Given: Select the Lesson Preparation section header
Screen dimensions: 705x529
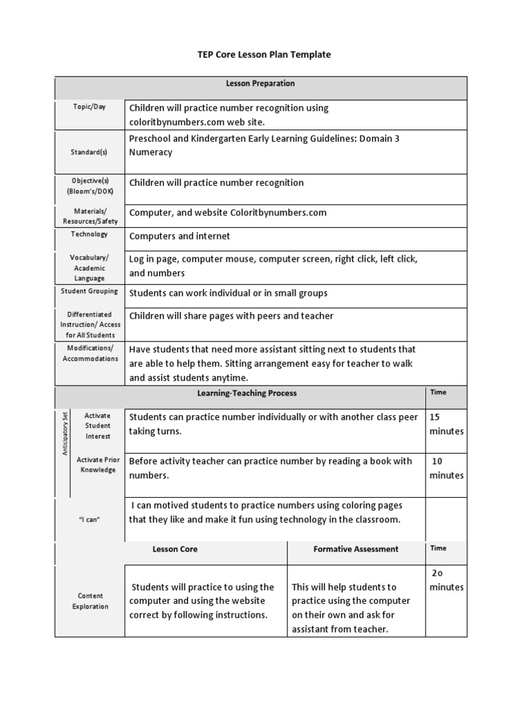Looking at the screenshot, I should pyautogui.click(x=260, y=84).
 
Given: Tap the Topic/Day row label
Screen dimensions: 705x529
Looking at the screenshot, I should pyautogui.click(x=90, y=107).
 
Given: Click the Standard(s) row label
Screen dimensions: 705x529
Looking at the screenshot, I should pyautogui.click(x=90, y=152).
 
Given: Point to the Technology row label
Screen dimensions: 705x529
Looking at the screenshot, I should pyautogui.click(x=90, y=235).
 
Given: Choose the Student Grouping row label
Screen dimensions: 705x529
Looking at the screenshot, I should pyautogui.click(x=90, y=291).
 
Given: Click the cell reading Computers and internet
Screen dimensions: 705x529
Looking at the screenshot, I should pyautogui.click(x=180, y=236).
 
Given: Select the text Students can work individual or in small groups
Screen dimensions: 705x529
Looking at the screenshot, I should pyautogui.click(x=228, y=293).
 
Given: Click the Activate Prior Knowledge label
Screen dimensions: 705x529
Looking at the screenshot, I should pyautogui.click(x=97, y=465).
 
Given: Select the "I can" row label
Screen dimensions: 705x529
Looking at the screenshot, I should pyautogui.click(x=90, y=519).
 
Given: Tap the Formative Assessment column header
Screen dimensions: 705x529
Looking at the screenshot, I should pyautogui.click(x=355, y=549).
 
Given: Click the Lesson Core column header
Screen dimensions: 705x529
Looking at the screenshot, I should pyautogui.click(x=175, y=549).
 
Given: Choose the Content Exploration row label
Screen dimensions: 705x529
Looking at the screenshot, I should pyautogui.click(x=90, y=601).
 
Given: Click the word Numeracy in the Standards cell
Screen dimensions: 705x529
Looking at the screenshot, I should pyautogui.click(x=151, y=152).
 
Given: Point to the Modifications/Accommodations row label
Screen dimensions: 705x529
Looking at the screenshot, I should pyautogui.click(x=90, y=353).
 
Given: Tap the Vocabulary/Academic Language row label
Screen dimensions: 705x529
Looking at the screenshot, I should pyautogui.click(x=90, y=268).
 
